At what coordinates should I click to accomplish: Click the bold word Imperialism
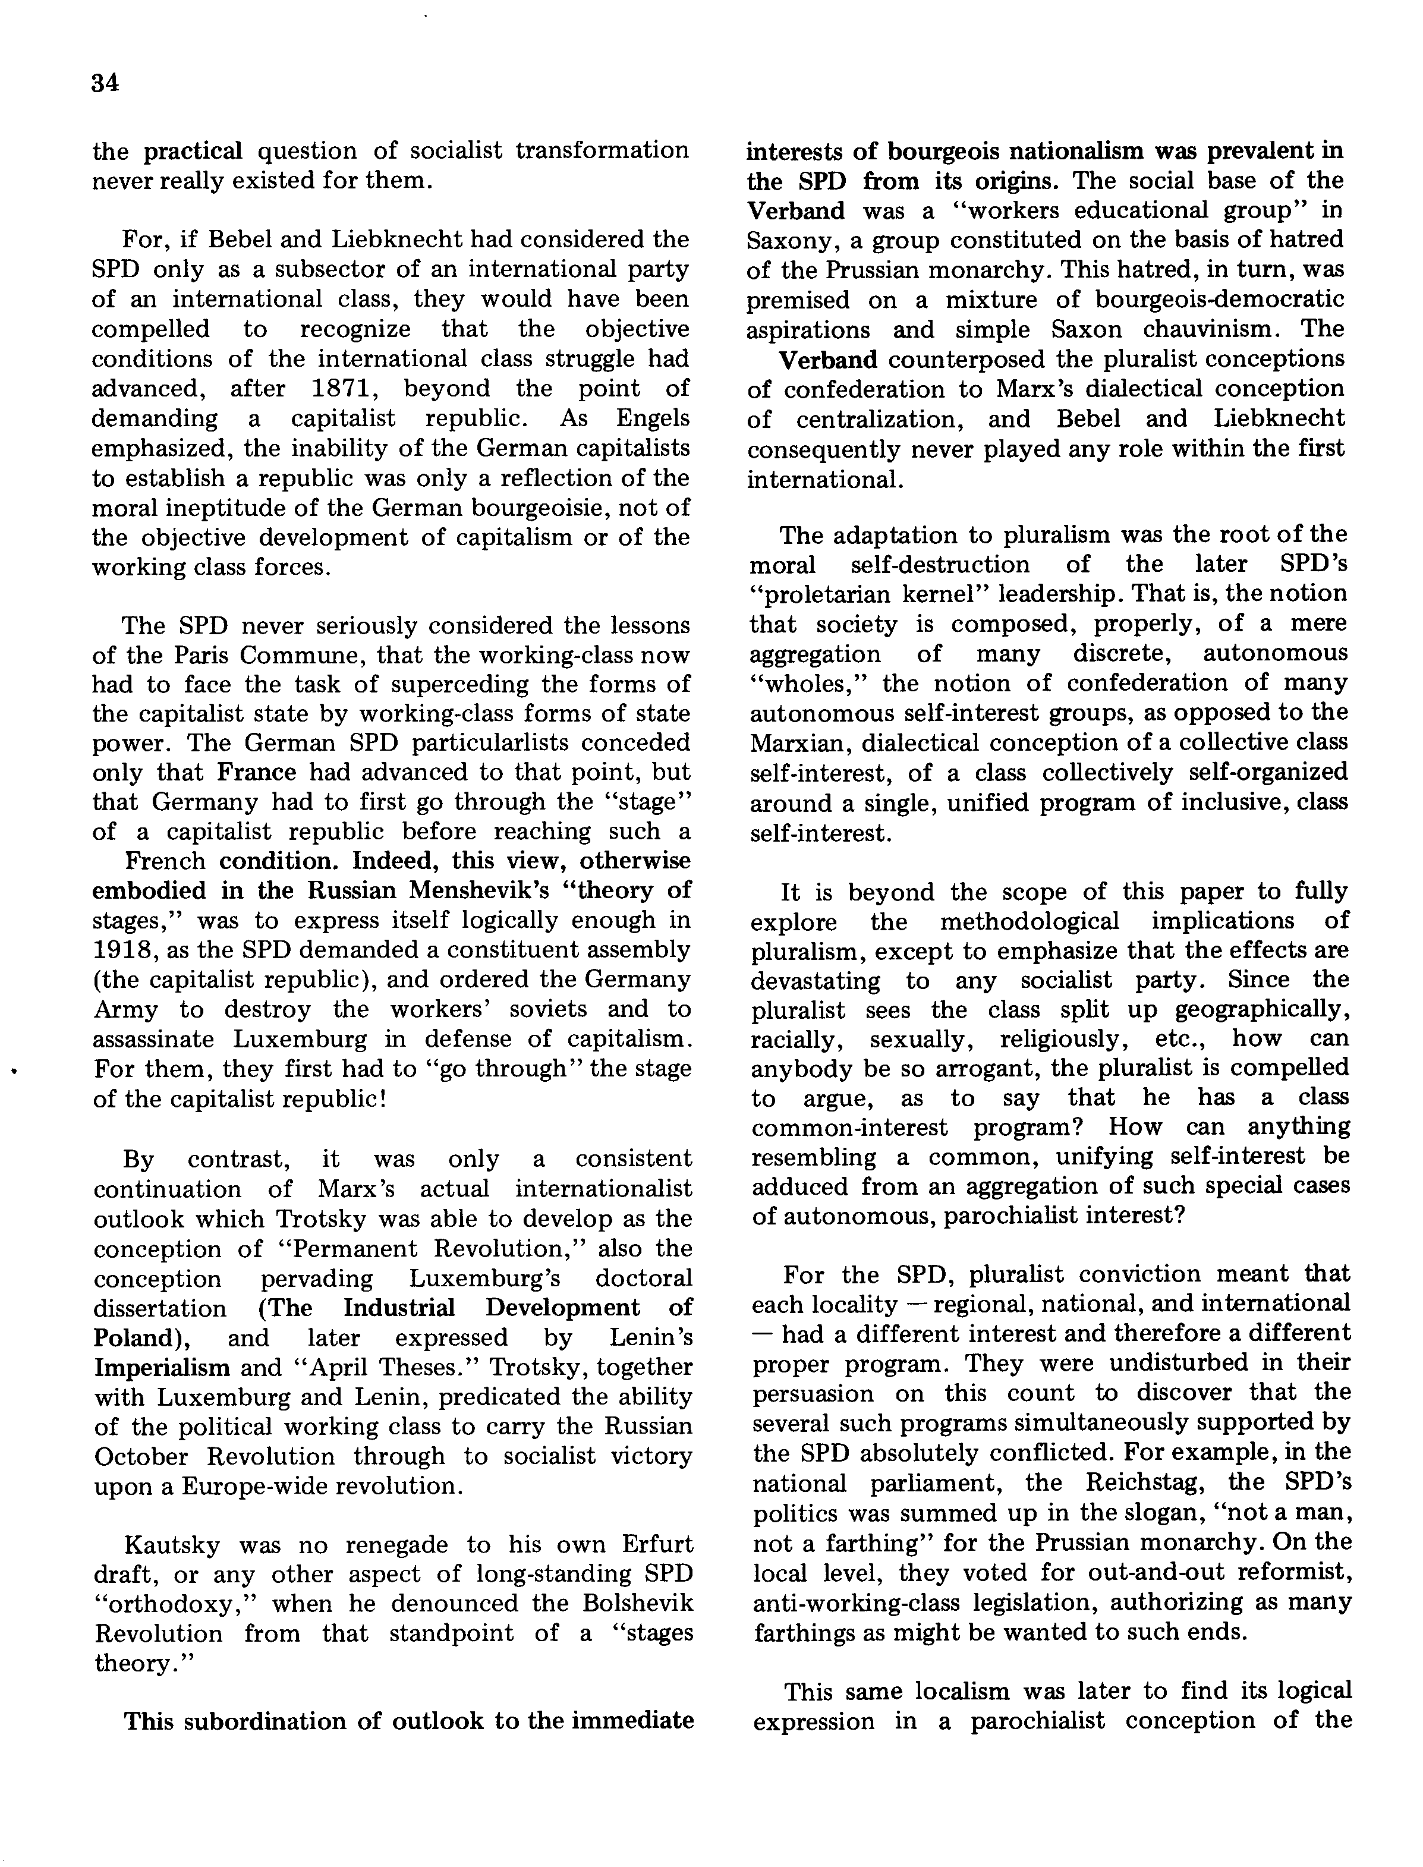[x=162, y=1367]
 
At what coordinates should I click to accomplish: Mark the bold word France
[x=257, y=773]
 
